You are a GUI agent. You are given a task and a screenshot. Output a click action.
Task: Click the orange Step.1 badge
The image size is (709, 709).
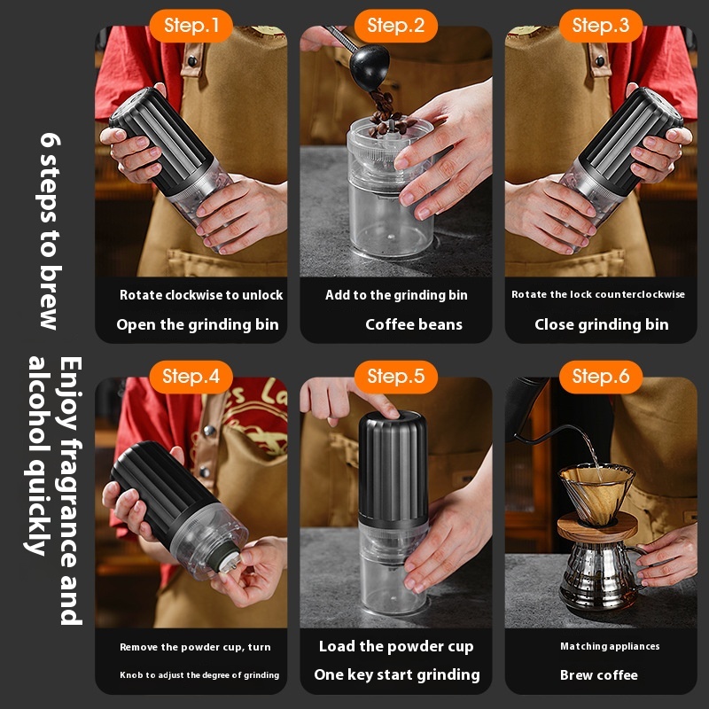tap(191, 26)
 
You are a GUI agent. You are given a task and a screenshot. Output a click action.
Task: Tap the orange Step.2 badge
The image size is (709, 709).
tap(395, 26)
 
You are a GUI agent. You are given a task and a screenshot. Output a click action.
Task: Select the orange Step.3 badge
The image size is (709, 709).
tap(601, 26)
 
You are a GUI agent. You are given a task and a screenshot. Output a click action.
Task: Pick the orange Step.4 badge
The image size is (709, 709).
tap(191, 377)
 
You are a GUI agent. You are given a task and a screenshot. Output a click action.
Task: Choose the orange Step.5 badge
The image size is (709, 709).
tap(395, 377)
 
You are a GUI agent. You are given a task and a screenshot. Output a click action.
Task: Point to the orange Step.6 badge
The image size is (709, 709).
tap(601, 377)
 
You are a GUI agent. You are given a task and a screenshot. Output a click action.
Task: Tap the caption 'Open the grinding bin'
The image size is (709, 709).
tap(198, 324)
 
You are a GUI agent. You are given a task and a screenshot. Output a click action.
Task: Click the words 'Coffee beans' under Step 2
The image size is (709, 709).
tap(414, 324)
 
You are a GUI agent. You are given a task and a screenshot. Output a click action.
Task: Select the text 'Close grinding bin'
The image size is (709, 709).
tap(602, 324)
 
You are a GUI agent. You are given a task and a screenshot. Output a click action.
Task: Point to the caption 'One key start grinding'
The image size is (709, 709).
tap(396, 674)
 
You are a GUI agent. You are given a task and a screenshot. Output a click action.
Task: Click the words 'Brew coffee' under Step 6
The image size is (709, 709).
tap(599, 675)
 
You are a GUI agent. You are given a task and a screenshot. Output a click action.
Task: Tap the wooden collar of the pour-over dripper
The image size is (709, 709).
tap(596, 527)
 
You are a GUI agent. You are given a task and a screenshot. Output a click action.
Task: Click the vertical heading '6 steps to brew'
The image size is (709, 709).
tap(50, 230)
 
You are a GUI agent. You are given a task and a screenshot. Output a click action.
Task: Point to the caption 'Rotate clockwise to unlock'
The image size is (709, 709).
tap(201, 295)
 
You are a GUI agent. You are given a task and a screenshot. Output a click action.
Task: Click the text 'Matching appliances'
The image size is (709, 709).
tap(610, 646)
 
